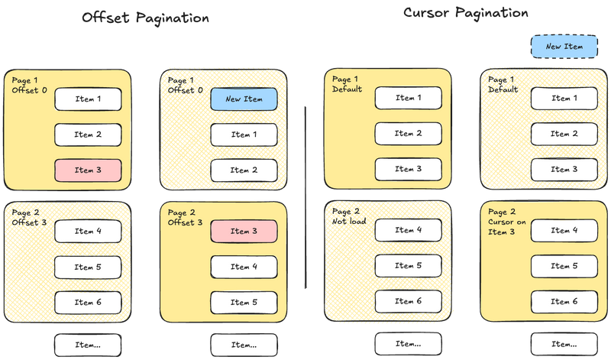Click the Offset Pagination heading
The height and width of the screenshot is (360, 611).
pyautogui.click(x=146, y=18)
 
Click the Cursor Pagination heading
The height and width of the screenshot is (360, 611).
pyautogui.click(x=465, y=13)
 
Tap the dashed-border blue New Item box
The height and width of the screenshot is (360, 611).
pyautogui.click(x=564, y=47)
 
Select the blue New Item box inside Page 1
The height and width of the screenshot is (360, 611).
pyautogui.click(x=244, y=99)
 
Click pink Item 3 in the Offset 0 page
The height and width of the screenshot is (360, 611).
pyautogui.click(x=88, y=170)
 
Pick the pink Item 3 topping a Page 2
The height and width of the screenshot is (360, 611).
pyautogui.click(x=244, y=231)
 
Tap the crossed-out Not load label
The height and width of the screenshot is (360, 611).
pyautogui.click(x=349, y=222)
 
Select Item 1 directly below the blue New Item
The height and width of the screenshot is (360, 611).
pyautogui.click(x=244, y=135)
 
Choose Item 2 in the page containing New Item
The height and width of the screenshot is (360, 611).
pyautogui.click(x=244, y=170)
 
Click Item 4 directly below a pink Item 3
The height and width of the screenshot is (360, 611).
pyautogui.click(x=244, y=267)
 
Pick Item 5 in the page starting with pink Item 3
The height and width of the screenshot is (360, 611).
pyautogui.click(x=244, y=302)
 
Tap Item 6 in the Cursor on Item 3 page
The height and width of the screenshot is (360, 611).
pyautogui.click(x=564, y=301)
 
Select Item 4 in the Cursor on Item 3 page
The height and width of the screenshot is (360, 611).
pyautogui.click(x=564, y=230)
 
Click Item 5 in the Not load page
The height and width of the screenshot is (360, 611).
pyautogui.click(x=408, y=266)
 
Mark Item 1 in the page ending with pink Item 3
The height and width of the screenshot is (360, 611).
pyautogui.click(x=88, y=99)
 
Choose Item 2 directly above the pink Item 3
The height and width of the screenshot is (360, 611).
pyautogui.click(x=88, y=135)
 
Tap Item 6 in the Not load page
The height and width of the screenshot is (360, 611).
pyautogui.click(x=408, y=301)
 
